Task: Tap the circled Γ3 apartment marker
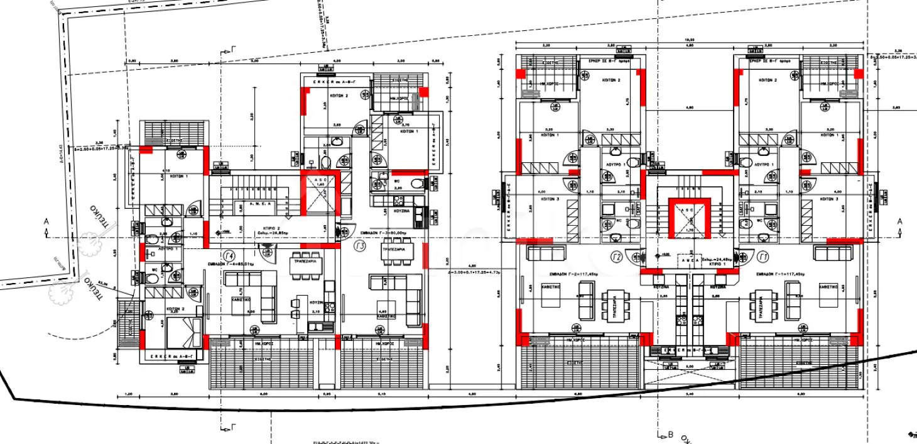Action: pos(360,246)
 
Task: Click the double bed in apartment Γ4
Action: pos(185,333)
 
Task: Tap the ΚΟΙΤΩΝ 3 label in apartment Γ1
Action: pos(829,199)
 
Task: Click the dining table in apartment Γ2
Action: pos(612,307)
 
